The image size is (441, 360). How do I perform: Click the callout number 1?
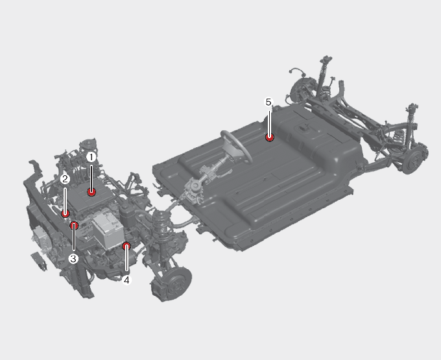[91, 158]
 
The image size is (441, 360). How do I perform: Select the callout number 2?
[65, 179]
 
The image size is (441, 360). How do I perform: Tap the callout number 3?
[73, 259]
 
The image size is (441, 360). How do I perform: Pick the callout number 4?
[126, 280]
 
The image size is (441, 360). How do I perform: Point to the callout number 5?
[268, 102]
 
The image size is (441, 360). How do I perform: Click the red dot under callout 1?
[91, 193]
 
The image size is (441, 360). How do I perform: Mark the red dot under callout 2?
[66, 214]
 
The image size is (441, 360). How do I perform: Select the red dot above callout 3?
[74, 225]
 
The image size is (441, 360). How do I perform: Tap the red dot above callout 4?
[126, 246]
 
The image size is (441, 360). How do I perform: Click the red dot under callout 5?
[270, 138]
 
